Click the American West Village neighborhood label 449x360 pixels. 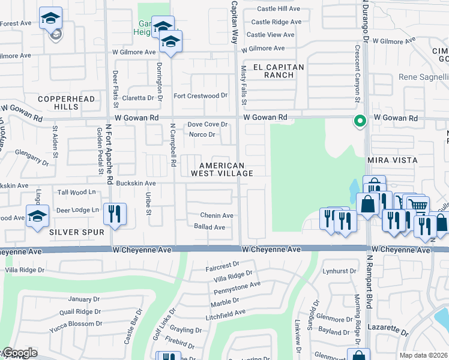[x=221, y=169]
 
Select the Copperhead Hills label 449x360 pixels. [x=58, y=102]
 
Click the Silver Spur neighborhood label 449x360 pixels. [x=77, y=232]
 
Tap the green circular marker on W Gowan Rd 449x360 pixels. [x=360, y=121]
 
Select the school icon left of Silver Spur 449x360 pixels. [x=37, y=215]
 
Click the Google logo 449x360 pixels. [x=20, y=353]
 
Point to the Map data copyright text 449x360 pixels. [x=423, y=355]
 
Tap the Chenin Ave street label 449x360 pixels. [x=217, y=215]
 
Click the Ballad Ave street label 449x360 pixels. [x=209, y=227]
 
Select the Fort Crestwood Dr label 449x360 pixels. [x=200, y=95]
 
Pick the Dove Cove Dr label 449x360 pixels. [x=207, y=124]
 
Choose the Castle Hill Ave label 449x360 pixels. [x=279, y=9]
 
